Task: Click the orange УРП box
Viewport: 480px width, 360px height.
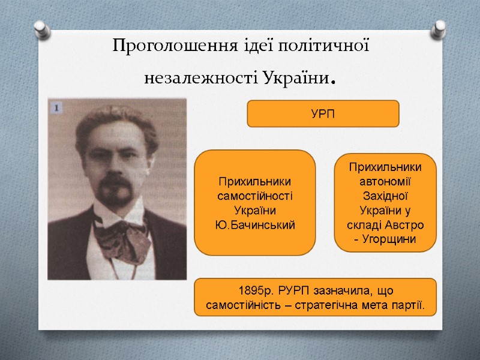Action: [x=323, y=114]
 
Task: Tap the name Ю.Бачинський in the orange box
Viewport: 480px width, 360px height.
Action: [x=255, y=224]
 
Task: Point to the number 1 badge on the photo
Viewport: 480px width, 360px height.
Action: [x=56, y=107]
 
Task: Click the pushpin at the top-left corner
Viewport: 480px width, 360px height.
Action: [x=40, y=28]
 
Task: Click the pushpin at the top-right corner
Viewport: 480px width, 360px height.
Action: [x=440, y=28]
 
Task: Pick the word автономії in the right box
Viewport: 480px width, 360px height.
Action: [x=385, y=181]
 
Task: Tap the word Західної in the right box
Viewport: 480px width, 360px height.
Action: [x=385, y=196]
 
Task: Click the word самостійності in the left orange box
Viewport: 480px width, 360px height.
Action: [x=255, y=196]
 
